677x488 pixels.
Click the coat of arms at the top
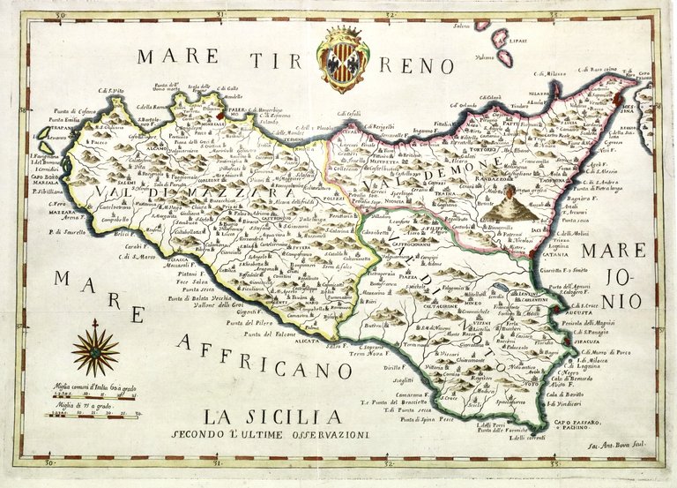click(x=345, y=60)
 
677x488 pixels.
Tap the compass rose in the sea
click(x=95, y=350)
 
